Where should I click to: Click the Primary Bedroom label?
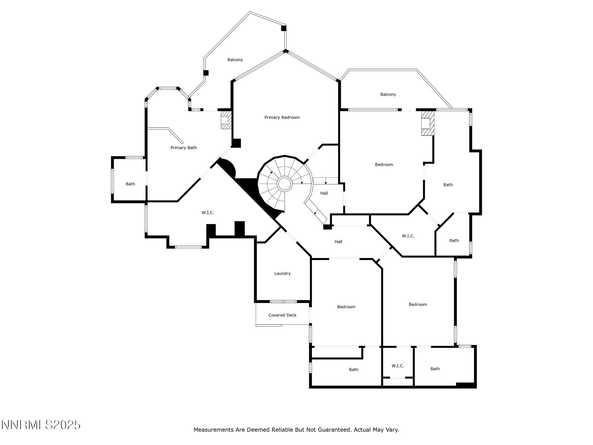tap(282, 117)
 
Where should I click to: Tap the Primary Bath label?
tap(183, 148)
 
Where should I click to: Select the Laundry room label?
tap(282, 273)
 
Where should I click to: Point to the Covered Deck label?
tap(282, 315)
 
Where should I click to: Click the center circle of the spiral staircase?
tap(284, 184)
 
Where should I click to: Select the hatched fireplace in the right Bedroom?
tap(427, 123)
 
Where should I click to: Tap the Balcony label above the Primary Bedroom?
tap(235, 60)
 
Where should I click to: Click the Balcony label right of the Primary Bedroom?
tap(388, 94)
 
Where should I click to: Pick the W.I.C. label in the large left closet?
tap(208, 213)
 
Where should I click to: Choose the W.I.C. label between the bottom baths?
tap(398, 366)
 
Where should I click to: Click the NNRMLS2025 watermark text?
tap(41, 425)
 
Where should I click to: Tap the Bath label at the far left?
tap(130, 184)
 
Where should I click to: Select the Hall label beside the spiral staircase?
tap(324, 193)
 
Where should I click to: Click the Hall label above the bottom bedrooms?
tap(338, 242)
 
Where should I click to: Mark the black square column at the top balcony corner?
tap(284, 28)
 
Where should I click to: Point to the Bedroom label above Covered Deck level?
tap(346, 307)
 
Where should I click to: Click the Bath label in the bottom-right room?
tap(435, 369)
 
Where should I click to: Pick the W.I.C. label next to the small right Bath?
tap(408, 236)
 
